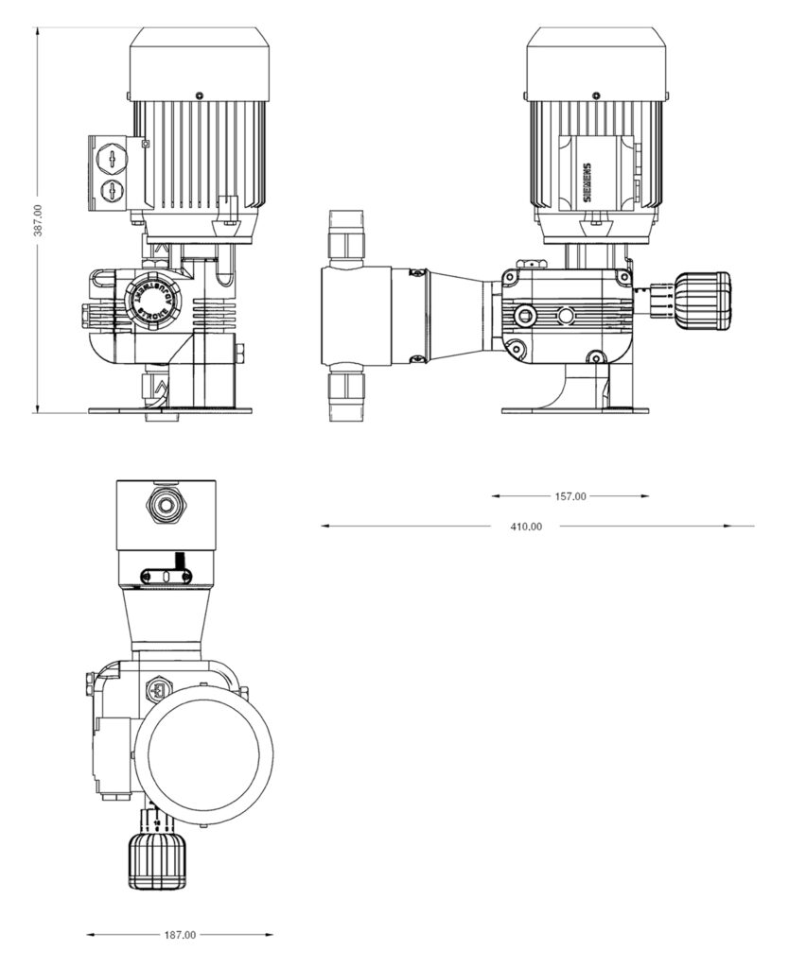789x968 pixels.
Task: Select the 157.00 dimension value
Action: pos(570,496)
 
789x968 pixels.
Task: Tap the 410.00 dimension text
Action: pos(525,527)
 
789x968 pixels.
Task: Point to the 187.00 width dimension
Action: pos(179,935)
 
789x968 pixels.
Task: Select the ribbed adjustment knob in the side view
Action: pos(702,302)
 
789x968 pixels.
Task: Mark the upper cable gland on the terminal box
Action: pos(113,157)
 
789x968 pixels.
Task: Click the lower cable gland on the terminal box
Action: pos(113,192)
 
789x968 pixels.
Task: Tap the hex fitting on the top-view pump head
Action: pos(167,505)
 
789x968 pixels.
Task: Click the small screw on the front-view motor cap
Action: pos(200,95)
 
